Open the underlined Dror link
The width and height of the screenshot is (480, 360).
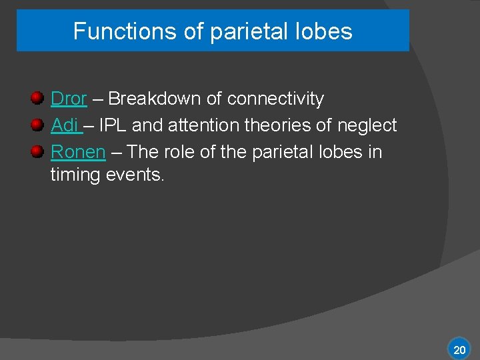click(x=69, y=99)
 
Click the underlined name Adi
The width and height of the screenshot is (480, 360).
click(x=65, y=125)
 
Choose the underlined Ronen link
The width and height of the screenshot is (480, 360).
click(x=78, y=152)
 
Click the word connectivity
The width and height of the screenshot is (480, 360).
click(x=275, y=99)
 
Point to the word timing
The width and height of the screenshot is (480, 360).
click(x=75, y=175)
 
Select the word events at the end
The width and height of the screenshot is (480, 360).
click(x=135, y=175)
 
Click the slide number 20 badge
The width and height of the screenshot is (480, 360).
click(x=459, y=349)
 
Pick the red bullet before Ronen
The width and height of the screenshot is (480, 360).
click(x=38, y=151)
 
